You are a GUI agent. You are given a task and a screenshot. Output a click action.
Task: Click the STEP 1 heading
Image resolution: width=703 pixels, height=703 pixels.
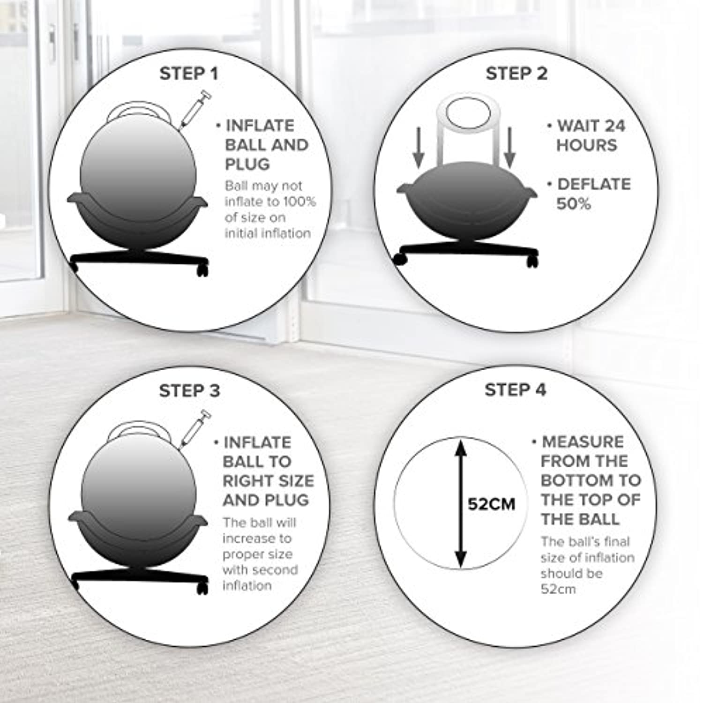pyautogui.click(x=188, y=74)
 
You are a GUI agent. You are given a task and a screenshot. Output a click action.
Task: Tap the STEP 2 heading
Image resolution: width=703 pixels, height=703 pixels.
pyautogui.click(x=516, y=74)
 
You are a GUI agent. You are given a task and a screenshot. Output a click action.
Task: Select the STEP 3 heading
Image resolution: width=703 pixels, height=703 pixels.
pyautogui.click(x=189, y=391)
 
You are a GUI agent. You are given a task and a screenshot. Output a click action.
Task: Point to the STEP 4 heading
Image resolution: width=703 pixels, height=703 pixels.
pyautogui.click(x=516, y=390)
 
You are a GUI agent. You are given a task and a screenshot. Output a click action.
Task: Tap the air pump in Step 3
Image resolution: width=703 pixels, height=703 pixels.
pyautogui.click(x=194, y=428)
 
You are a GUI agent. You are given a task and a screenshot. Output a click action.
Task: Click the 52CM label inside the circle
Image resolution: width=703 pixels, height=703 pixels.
pyautogui.click(x=492, y=504)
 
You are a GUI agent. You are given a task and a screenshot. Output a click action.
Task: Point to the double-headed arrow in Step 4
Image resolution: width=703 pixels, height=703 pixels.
pyautogui.click(x=461, y=503)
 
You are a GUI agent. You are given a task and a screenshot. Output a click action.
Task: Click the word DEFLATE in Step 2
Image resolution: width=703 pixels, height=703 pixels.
pyautogui.click(x=594, y=184)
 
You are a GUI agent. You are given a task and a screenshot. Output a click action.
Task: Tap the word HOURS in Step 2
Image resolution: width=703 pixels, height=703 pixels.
pyautogui.click(x=587, y=145)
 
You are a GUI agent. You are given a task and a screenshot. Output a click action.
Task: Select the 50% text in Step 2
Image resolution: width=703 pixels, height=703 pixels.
pyautogui.click(x=574, y=204)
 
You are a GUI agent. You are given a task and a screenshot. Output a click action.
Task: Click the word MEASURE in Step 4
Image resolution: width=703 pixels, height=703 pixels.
pyautogui.click(x=583, y=442)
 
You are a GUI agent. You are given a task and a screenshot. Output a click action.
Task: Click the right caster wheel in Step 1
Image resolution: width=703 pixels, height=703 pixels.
pyautogui.click(x=202, y=269)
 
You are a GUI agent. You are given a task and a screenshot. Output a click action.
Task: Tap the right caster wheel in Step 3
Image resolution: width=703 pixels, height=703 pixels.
pyautogui.click(x=202, y=588)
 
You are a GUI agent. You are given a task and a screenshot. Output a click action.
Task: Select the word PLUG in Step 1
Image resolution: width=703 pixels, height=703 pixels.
pyautogui.click(x=247, y=165)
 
